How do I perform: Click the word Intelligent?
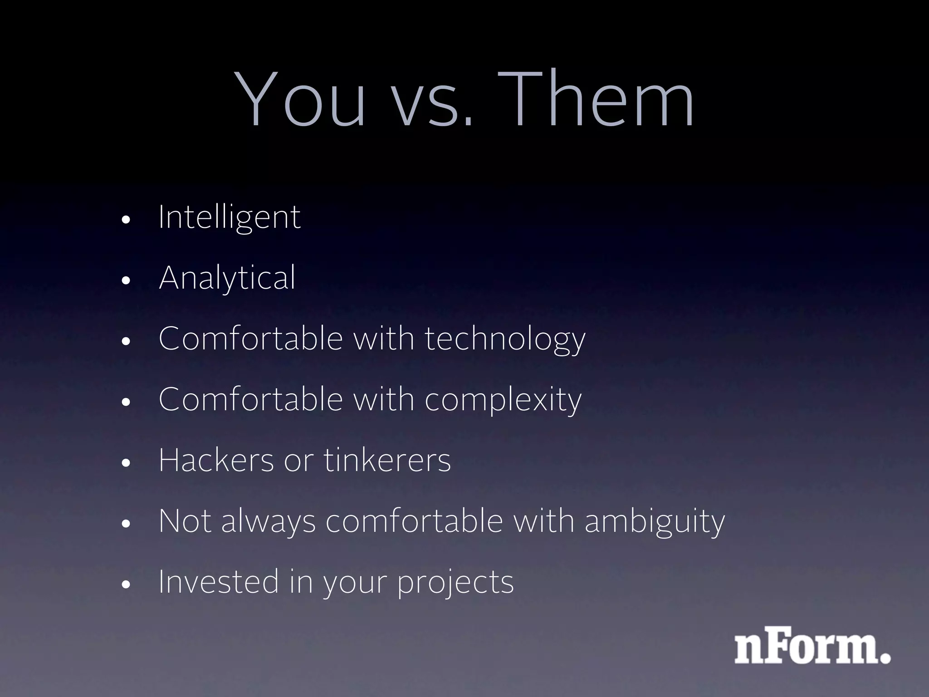pos(229,217)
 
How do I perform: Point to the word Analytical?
pos(227,278)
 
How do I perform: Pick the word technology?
pos(505,339)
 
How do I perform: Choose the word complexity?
pos(503,400)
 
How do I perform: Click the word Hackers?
pos(216,460)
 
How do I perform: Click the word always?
pos(268,522)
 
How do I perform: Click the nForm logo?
pos(812,645)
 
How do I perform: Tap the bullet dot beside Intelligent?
pos(126,220)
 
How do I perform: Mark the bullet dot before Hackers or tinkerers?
pos(126,463)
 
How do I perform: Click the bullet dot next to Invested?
pos(126,584)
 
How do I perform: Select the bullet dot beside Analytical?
pos(126,280)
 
